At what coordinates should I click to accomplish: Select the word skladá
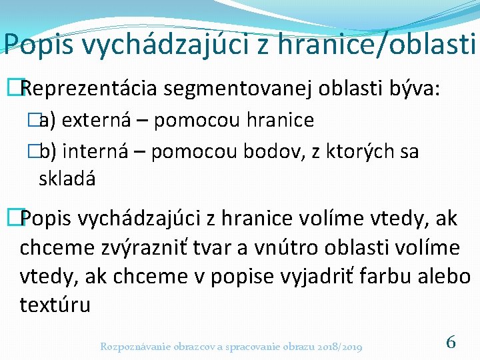click(67, 179)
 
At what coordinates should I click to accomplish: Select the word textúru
click(55, 305)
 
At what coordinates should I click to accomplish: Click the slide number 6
click(451, 343)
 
